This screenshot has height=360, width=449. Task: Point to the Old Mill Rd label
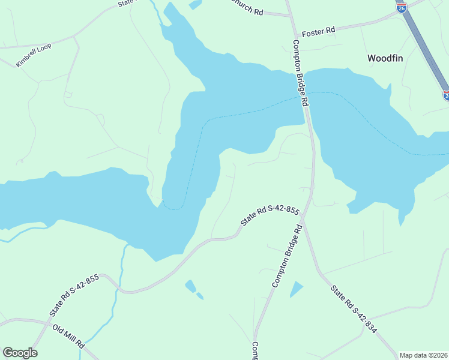pos(68,337)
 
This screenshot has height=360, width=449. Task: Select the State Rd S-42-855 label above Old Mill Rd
pos(74,296)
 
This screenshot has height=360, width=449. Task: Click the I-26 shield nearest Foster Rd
pos(402,7)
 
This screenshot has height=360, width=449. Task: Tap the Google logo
pos(20,353)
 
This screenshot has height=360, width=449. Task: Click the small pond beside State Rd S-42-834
pos(297,289)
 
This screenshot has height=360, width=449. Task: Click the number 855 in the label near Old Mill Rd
pos(91,281)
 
